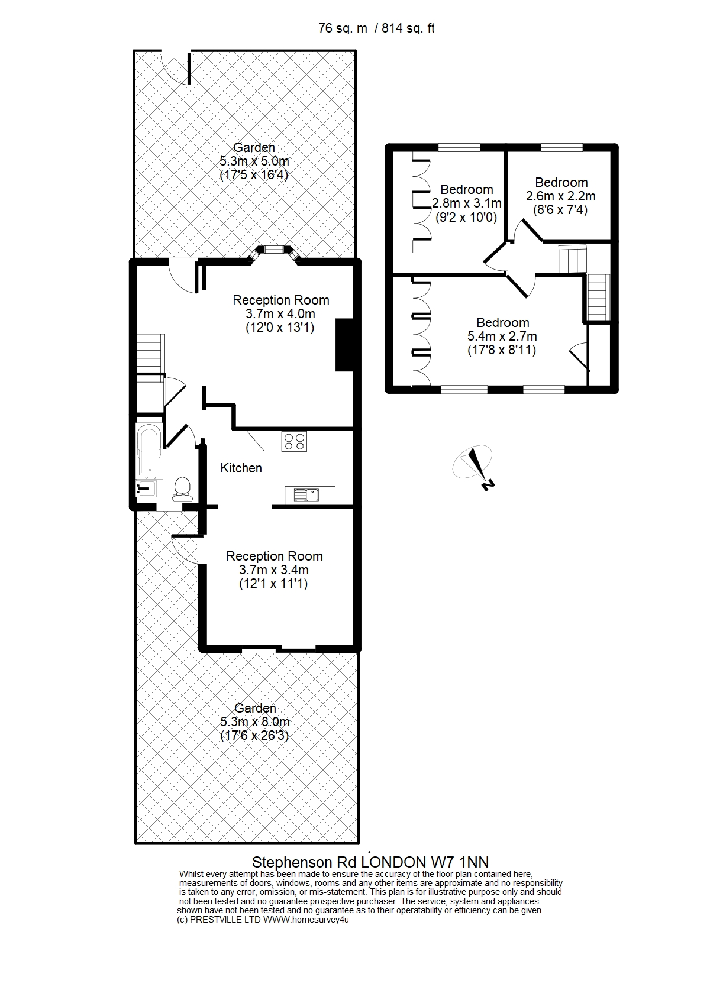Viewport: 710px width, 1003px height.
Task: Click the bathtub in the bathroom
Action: click(x=149, y=449)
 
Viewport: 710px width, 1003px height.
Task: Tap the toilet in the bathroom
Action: click(x=182, y=490)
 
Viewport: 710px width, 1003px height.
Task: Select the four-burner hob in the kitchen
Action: click(x=294, y=441)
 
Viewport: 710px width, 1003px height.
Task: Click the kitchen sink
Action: click(x=306, y=495)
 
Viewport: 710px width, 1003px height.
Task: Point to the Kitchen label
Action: click(x=241, y=468)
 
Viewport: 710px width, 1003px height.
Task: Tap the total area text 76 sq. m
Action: click(x=343, y=28)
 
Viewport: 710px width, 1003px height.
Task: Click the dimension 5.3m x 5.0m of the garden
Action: click(x=254, y=161)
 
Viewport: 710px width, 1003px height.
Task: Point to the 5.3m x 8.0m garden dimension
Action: click(x=255, y=722)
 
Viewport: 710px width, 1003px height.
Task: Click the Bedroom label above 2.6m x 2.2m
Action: click(x=561, y=183)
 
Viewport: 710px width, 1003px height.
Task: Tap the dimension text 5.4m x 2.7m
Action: click(x=502, y=337)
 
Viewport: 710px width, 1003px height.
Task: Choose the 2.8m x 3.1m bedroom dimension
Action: click(x=466, y=203)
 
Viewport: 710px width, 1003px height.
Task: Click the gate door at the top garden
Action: click(x=176, y=67)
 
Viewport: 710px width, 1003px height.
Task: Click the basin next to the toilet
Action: click(x=146, y=488)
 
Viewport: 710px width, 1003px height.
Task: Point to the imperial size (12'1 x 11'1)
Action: click(x=273, y=584)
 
